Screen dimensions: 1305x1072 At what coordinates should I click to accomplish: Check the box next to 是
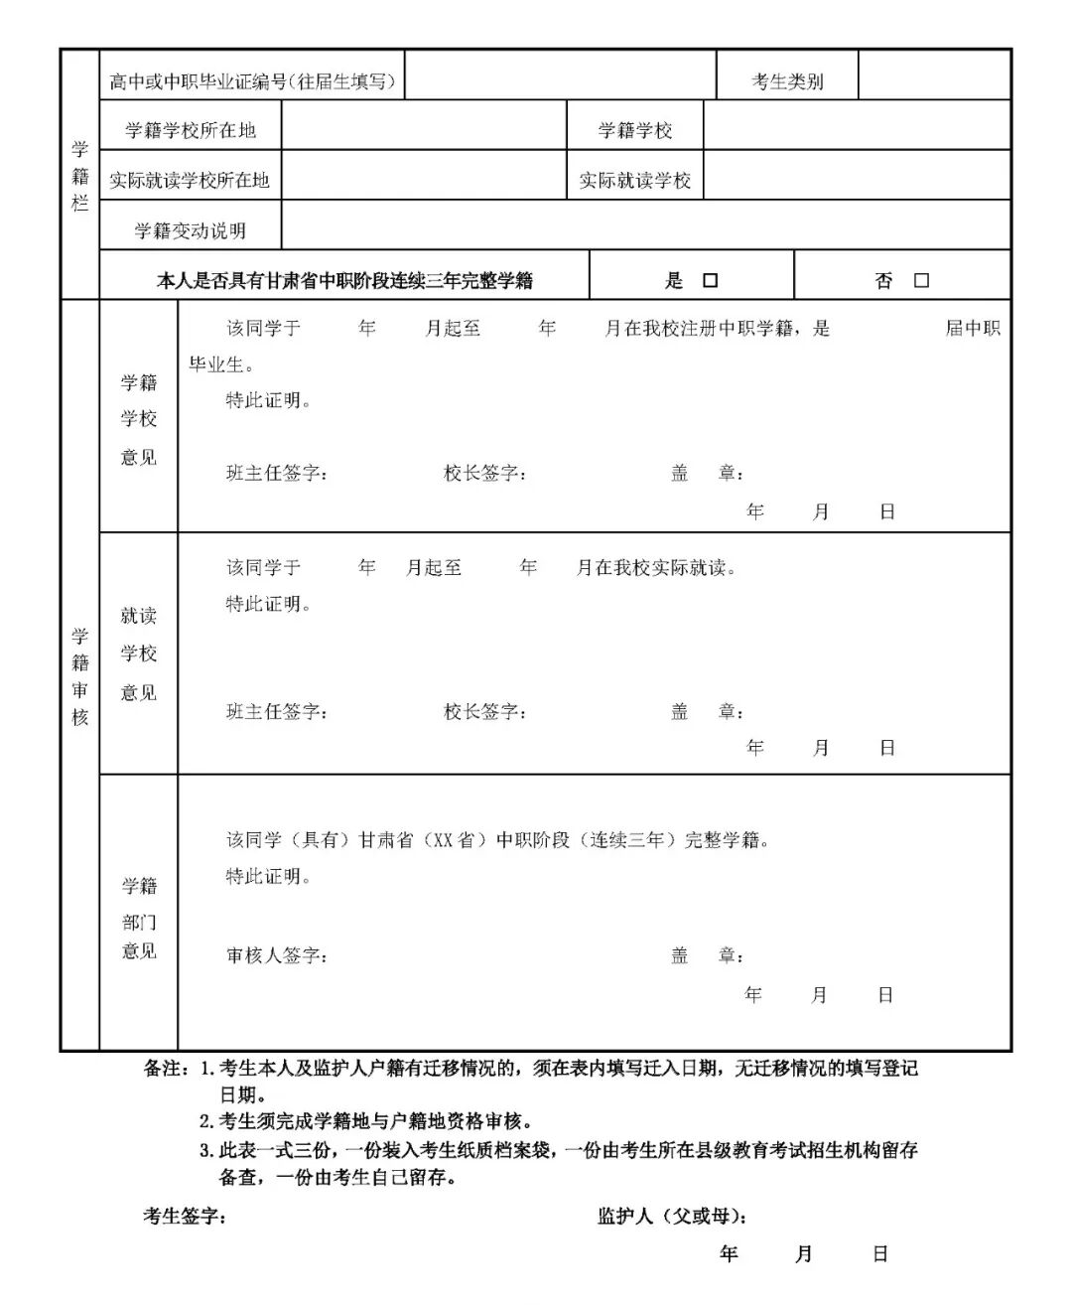click(x=710, y=281)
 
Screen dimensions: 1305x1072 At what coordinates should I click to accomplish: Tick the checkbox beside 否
click(x=921, y=281)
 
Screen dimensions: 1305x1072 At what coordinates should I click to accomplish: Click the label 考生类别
click(x=787, y=81)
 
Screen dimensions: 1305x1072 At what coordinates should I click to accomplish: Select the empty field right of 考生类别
click(x=933, y=75)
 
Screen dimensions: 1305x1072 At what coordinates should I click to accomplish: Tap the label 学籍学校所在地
click(x=191, y=130)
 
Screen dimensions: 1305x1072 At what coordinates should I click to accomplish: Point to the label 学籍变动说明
click(x=191, y=230)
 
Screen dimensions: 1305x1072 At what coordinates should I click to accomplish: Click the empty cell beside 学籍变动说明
click(x=645, y=225)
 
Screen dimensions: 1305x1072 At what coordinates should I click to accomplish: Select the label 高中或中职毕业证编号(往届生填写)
click(x=253, y=81)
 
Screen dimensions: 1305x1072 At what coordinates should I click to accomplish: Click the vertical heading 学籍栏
click(x=80, y=176)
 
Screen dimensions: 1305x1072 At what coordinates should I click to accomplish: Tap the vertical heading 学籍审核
click(x=80, y=676)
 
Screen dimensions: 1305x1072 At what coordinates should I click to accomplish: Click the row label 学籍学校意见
click(x=139, y=419)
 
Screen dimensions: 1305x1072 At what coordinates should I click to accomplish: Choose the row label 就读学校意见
click(x=139, y=653)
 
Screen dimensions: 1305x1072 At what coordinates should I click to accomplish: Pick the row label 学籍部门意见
click(x=139, y=918)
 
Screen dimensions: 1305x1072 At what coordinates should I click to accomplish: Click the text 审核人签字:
click(x=277, y=955)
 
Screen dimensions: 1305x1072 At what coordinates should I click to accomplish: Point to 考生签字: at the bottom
click(x=186, y=1216)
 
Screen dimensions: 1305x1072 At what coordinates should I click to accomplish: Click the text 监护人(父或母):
click(x=672, y=1216)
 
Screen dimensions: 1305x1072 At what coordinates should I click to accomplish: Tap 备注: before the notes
click(x=167, y=1069)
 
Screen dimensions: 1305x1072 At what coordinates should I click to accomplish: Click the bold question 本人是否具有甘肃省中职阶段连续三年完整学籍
click(x=344, y=281)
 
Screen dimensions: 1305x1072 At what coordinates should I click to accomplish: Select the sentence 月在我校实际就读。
click(x=656, y=568)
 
